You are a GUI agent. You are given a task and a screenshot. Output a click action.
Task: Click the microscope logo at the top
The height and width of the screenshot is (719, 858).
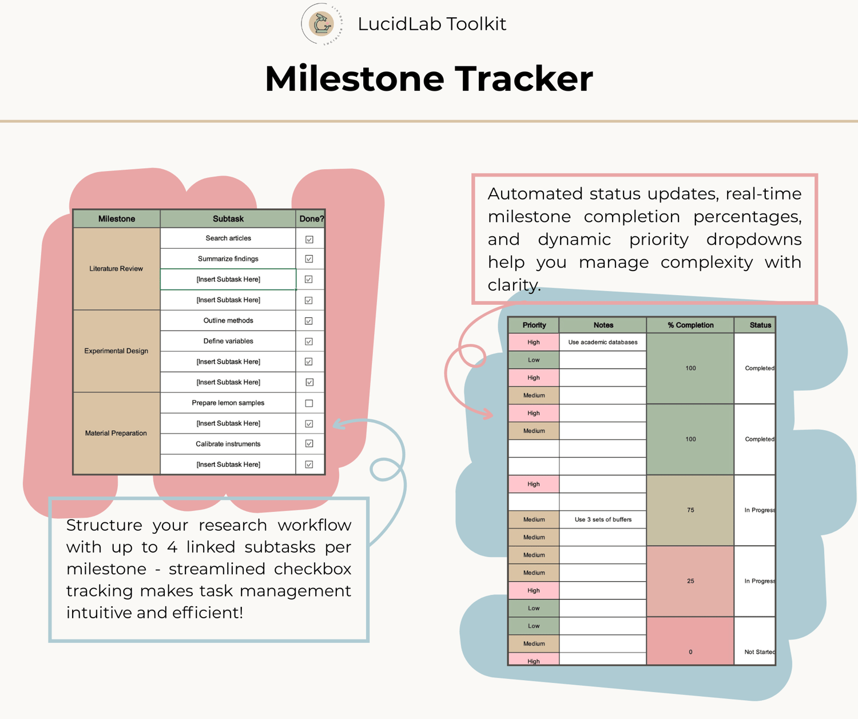tap(322, 24)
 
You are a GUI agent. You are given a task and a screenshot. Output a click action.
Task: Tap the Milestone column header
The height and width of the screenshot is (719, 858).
tap(117, 219)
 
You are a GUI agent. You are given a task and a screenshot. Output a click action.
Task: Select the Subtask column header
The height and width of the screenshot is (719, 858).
tap(228, 219)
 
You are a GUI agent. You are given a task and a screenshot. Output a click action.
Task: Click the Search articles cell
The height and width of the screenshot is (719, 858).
tap(228, 239)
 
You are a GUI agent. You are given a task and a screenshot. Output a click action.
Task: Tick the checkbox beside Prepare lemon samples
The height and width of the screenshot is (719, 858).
tap(309, 403)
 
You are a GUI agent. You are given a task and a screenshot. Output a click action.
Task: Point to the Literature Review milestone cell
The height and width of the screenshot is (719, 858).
tap(116, 269)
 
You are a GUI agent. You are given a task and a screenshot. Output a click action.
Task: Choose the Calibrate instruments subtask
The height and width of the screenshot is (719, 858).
tap(228, 444)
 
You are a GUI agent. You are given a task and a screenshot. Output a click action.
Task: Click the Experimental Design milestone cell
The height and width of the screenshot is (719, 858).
tap(116, 351)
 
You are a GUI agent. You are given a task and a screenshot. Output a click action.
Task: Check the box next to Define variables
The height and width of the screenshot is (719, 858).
tap(309, 341)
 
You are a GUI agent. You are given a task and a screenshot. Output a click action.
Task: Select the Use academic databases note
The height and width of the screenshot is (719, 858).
tap(603, 342)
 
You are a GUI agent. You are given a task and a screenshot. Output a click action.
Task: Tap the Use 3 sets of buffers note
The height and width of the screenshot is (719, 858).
tap(603, 519)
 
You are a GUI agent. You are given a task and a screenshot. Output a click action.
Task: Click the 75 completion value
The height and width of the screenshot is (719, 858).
tap(690, 510)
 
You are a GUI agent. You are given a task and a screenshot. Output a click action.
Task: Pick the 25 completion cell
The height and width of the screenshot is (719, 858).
tap(690, 581)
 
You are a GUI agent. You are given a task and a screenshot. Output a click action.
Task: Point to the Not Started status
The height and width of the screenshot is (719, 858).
tap(760, 652)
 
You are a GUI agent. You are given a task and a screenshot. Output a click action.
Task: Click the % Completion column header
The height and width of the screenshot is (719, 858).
tap(690, 325)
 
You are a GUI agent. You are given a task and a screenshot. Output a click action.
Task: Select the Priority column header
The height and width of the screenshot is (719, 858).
tap(534, 325)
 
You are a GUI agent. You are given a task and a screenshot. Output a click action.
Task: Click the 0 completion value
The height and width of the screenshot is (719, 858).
tap(690, 652)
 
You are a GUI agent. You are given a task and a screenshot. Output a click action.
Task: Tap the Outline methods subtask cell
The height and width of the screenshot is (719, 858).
tap(228, 320)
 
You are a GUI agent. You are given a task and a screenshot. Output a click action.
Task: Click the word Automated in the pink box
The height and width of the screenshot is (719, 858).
tap(535, 193)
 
